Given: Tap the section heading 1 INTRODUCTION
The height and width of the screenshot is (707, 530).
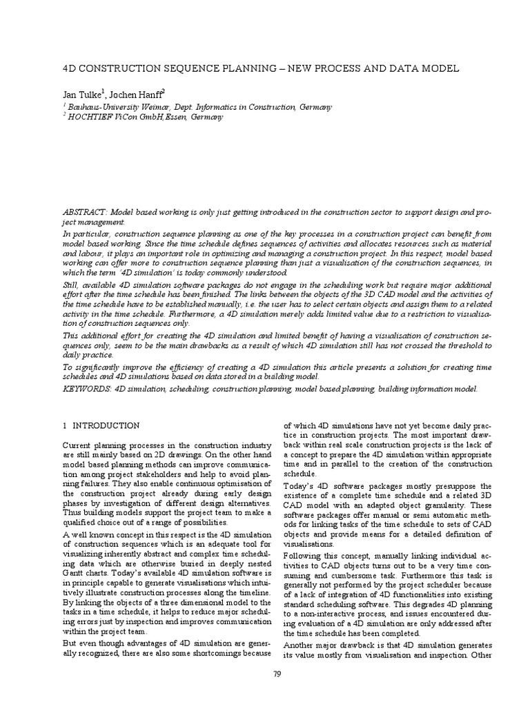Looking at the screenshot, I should (x=101, y=426).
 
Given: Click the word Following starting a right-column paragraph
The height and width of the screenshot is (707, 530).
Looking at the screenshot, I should (x=302, y=556).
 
